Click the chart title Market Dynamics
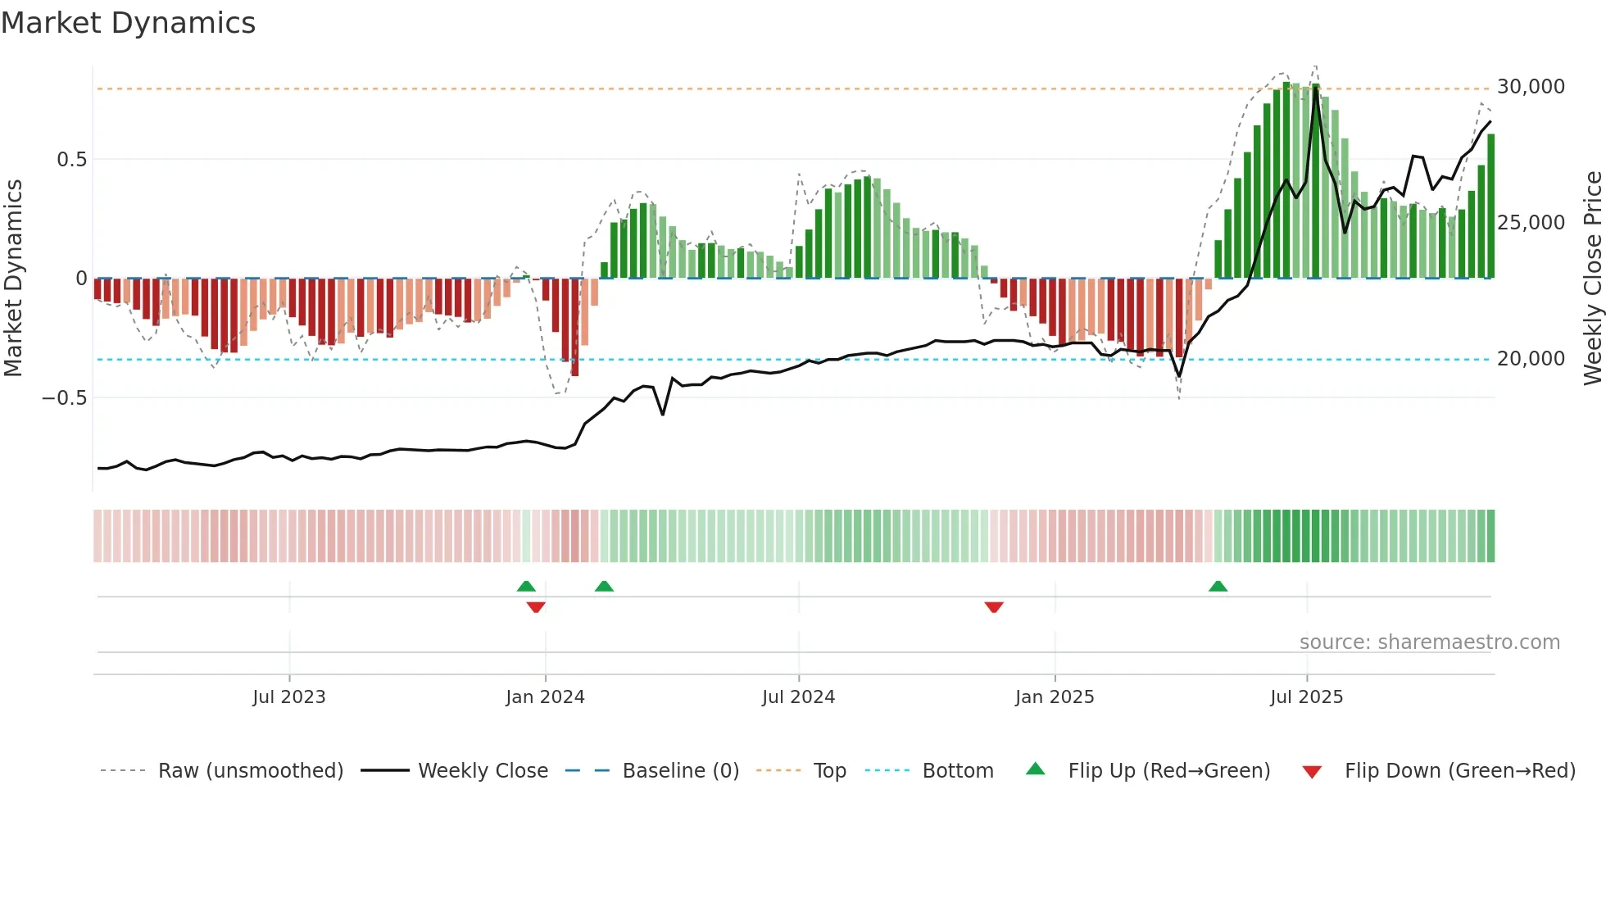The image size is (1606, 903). [x=128, y=23]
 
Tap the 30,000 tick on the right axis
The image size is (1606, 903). [x=1530, y=87]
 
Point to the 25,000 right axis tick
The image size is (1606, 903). [x=1530, y=223]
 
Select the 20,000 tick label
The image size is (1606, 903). [x=1530, y=359]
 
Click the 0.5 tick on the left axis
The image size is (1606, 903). [x=71, y=160]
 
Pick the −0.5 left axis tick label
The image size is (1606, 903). [x=64, y=398]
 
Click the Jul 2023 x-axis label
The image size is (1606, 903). [x=288, y=697]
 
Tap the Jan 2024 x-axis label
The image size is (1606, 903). [x=545, y=697]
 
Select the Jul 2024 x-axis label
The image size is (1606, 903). [x=798, y=697]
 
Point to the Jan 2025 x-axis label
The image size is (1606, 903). [x=1054, y=697]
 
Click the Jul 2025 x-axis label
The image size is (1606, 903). [x=1306, y=697]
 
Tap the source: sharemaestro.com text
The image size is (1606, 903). [x=1429, y=642]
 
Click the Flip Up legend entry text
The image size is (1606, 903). [x=1168, y=771]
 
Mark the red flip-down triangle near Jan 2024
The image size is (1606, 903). [x=536, y=607]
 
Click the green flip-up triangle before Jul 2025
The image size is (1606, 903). [x=1218, y=587]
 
